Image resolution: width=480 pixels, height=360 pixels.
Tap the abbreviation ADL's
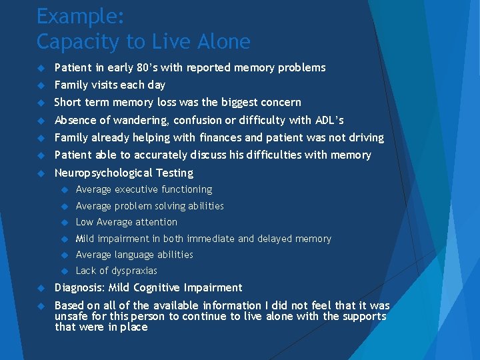[329, 120]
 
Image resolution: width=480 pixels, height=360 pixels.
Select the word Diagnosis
[78, 287]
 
